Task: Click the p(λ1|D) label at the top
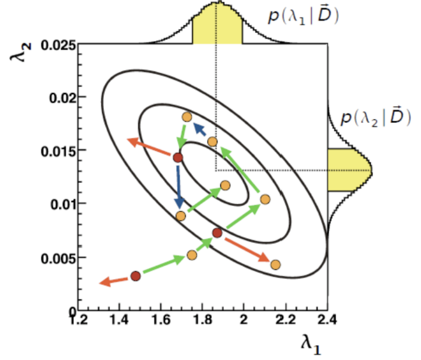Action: pos(303,16)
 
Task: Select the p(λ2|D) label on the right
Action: pos(375,118)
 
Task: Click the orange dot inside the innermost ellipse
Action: pos(225,185)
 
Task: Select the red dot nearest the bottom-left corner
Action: pos(136,276)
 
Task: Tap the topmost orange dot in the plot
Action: pos(187,117)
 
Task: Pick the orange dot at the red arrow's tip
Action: pos(275,265)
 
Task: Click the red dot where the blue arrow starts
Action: pos(178,158)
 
